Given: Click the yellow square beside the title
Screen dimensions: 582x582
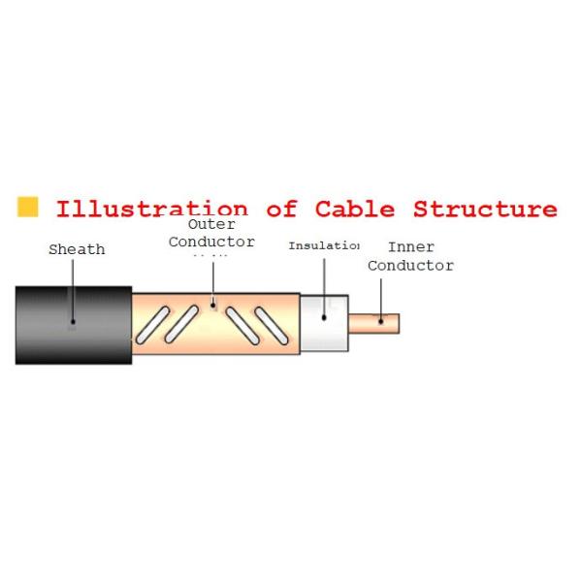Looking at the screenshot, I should point(28,207).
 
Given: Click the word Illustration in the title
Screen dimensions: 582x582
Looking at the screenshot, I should point(151,209).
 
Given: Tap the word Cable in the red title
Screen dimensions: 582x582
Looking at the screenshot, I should point(355,209).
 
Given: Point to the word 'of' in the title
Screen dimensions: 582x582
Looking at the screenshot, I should point(281,209).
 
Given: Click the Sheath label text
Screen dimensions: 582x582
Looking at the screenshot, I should point(77,249).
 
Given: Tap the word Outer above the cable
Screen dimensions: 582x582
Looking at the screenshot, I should point(211,224).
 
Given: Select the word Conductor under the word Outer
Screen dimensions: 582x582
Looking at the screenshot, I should point(211,241).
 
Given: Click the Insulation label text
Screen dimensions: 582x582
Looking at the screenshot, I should point(323,245).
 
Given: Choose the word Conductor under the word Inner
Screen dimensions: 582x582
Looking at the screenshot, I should point(410,265).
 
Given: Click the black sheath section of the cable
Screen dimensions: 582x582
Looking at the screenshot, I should point(73,325).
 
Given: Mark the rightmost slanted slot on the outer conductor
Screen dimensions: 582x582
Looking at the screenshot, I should point(273,324).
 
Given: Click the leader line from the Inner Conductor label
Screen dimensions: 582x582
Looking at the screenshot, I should point(381,298).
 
